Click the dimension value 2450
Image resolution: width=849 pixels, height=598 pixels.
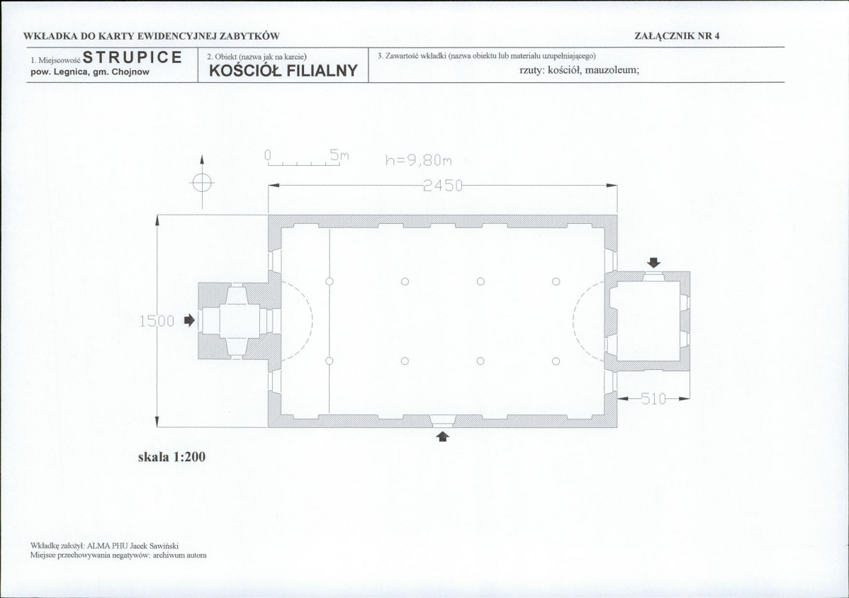click(x=443, y=186)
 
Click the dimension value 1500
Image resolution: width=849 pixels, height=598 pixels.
click(x=157, y=322)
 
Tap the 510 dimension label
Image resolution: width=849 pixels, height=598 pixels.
click(x=653, y=400)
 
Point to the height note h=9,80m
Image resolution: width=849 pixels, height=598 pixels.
click(x=419, y=160)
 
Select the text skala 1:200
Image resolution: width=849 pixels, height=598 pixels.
click(x=172, y=457)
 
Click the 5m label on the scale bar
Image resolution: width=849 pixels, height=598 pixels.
click(x=339, y=156)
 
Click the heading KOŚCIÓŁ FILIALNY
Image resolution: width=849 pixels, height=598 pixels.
click(x=283, y=71)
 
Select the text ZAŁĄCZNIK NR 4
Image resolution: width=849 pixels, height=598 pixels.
click(x=677, y=36)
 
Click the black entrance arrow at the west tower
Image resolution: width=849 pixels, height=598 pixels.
click(x=189, y=320)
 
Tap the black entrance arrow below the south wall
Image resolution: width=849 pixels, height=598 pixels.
click(x=443, y=436)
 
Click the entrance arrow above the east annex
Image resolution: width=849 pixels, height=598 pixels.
click(x=654, y=262)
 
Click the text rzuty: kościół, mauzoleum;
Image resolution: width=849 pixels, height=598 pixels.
click(x=580, y=70)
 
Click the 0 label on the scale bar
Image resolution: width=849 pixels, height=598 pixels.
click(x=267, y=156)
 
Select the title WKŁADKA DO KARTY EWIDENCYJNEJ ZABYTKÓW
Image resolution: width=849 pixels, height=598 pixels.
click(x=152, y=36)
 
